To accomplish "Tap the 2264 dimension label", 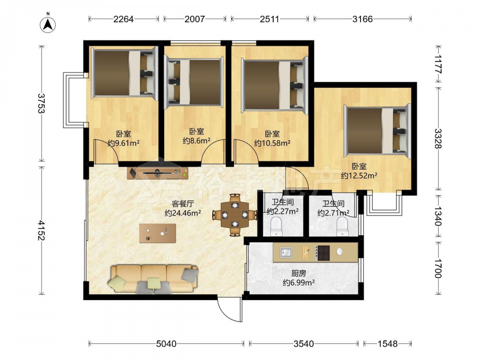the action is pos(123,19).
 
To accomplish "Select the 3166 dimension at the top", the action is pos(362,19).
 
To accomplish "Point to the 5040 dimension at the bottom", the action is pos(166,344).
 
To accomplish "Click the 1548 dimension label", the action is pos(387,344).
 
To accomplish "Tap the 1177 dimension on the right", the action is pos(438,64).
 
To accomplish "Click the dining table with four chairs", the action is pos(235,215).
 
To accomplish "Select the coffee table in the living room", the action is pos(157,233).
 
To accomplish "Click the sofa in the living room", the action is pos(154,278).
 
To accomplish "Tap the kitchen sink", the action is pos(286,253).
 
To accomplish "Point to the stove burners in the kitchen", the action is pos(323,253).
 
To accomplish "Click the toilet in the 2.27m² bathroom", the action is pos(276,227).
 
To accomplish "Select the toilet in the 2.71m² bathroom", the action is pos(342,227).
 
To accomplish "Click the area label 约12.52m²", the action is pos(359,176).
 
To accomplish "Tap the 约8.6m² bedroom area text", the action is pos(196,141).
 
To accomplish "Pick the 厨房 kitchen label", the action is pos(299,273).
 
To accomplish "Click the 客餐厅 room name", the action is pos(183,204).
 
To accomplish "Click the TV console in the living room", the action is pos(157,173).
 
